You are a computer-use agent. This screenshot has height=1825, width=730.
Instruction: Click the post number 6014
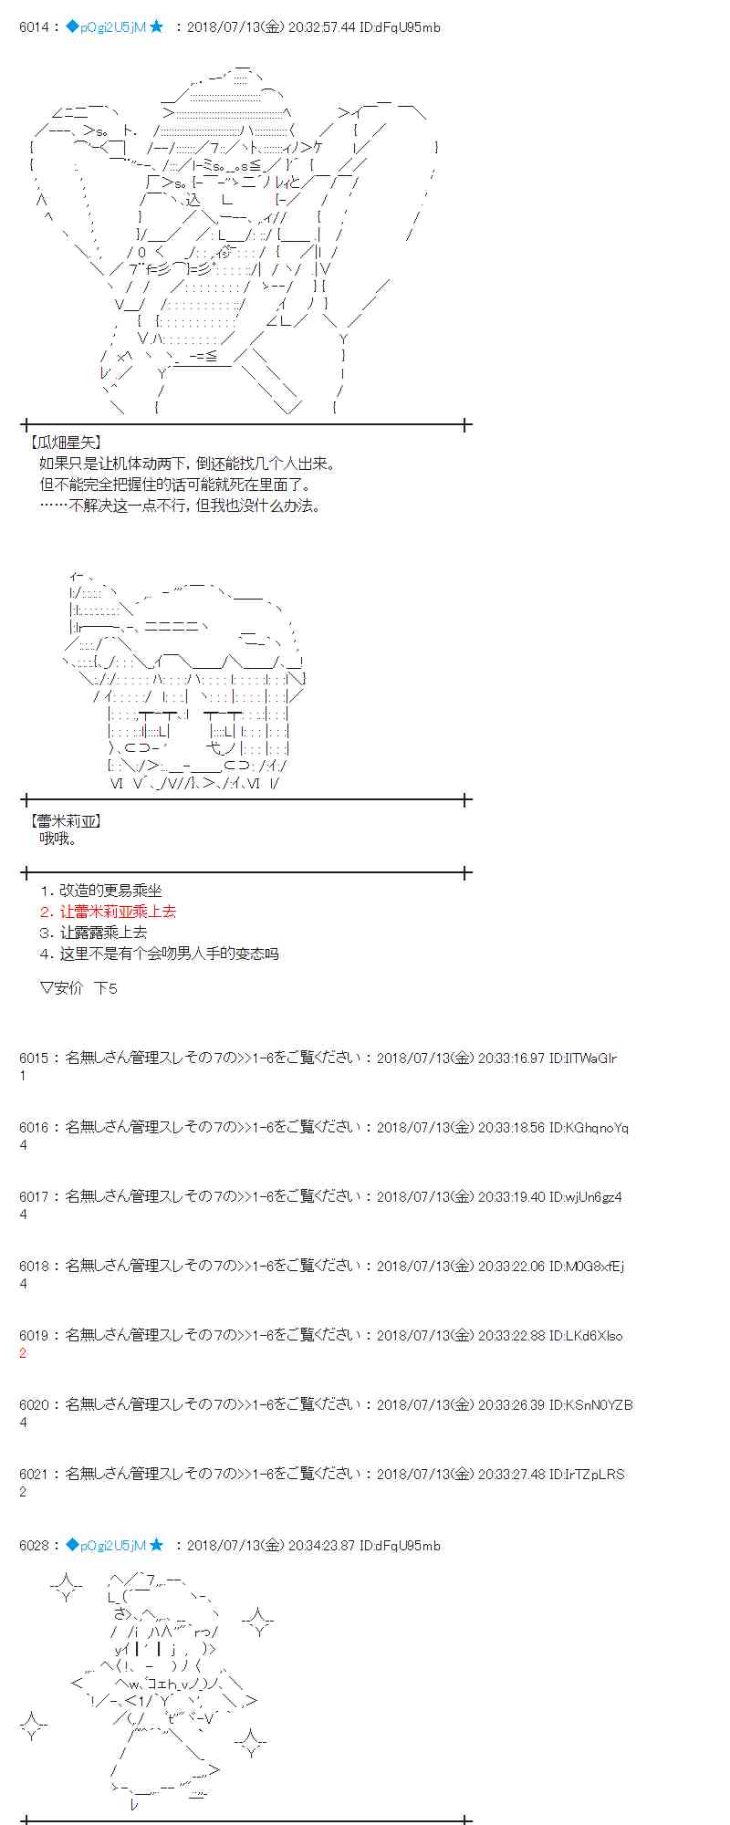point(34,27)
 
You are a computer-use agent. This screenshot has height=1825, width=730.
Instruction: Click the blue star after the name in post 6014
point(156,27)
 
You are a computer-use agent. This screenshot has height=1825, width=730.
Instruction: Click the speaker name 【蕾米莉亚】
point(67,821)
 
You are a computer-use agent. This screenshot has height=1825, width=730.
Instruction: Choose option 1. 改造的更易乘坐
point(100,891)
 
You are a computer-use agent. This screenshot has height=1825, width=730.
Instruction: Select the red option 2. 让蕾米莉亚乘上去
point(108,912)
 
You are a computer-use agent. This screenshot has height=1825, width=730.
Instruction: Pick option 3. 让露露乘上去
point(93,933)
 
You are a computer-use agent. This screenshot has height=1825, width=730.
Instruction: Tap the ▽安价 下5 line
point(78,988)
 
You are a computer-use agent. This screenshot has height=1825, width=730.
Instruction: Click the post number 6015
point(34,1058)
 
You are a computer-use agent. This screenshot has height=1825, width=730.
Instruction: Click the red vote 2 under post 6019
point(24,1353)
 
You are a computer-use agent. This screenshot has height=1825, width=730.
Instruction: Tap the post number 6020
point(34,1405)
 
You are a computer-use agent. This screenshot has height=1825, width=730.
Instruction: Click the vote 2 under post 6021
point(24,1492)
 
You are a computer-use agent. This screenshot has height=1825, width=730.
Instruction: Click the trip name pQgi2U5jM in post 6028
point(112,1546)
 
